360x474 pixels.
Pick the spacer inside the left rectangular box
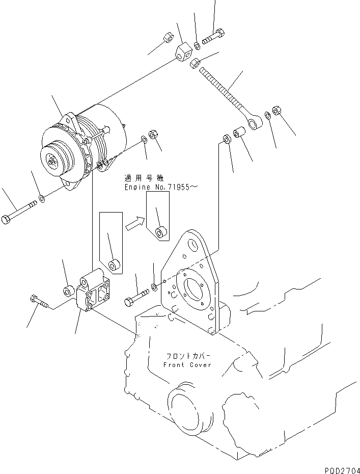tap(114, 265)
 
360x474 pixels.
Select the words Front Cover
tap(187, 365)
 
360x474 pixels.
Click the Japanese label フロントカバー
tap(187, 356)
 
